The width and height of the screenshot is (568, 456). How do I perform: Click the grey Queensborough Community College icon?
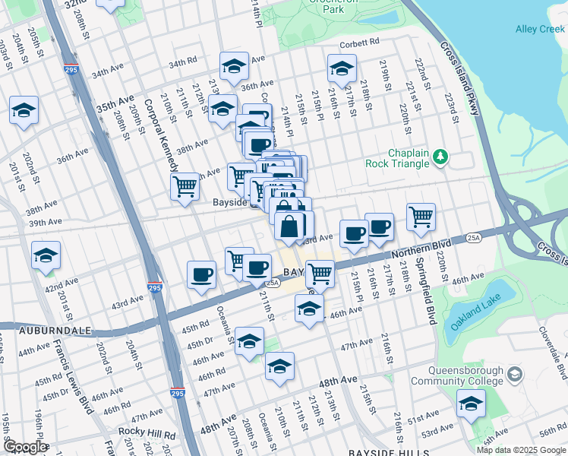515,375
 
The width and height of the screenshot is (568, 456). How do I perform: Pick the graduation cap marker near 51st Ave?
471,402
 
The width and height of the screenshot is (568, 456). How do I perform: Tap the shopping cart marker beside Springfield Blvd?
421,216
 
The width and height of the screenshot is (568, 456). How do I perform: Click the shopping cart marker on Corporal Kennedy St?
185,185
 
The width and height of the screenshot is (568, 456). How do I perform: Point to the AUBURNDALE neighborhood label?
46,331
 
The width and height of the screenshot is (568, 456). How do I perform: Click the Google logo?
25,448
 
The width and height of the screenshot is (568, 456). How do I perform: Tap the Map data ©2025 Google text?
520,450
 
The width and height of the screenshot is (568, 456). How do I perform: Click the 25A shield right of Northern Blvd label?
475,238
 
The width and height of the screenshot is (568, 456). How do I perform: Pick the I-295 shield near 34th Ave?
70,69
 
